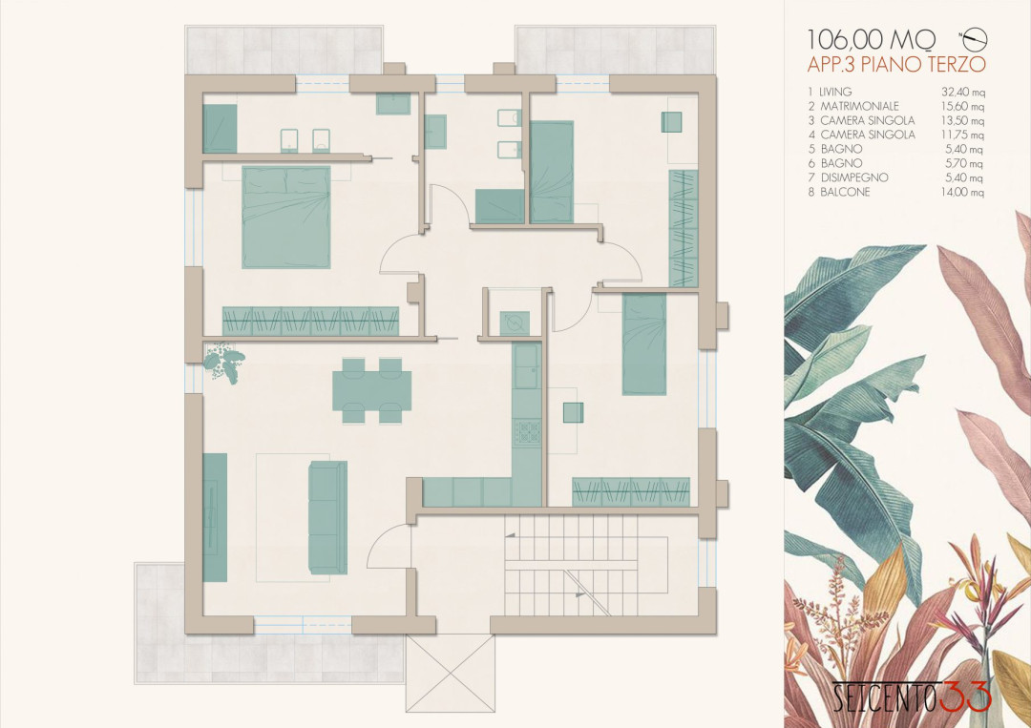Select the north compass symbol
click(x=975, y=39)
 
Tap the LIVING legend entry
click(x=835, y=92)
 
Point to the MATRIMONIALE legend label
click(x=859, y=106)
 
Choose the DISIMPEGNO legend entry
click(x=854, y=177)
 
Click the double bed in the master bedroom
click(x=286, y=217)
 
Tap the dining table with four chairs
click(x=371, y=390)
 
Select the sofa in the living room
click(x=327, y=517)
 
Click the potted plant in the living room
click(x=223, y=363)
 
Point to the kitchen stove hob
click(x=527, y=431)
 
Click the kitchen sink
click(x=527, y=366)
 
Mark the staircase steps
click(x=572, y=565)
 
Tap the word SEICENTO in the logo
click(x=884, y=698)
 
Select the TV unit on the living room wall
click(x=215, y=517)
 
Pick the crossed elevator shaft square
click(x=450, y=674)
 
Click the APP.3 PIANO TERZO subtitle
click(x=896, y=64)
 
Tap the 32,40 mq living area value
click(x=962, y=92)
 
